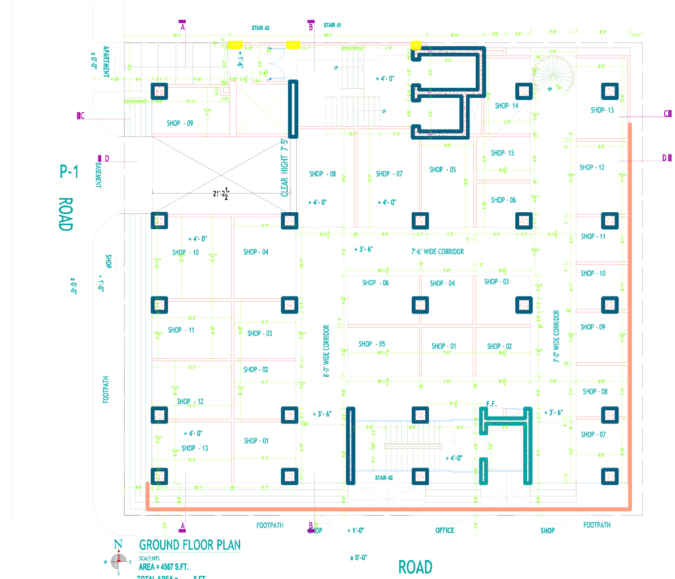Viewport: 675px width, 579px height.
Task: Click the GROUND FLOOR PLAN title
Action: pyautogui.click(x=190, y=545)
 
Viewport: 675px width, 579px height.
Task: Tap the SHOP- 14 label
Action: pyautogui.click(x=506, y=106)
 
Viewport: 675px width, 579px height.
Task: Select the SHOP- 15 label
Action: pyautogui.click(x=502, y=153)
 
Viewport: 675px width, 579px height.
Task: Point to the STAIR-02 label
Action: pyautogui.click(x=384, y=478)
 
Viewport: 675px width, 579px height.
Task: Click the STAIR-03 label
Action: pyautogui.click(x=260, y=28)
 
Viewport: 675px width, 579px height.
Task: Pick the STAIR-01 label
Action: pyautogui.click(x=332, y=25)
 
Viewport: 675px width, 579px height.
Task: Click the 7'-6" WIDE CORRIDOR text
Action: pyautogui.click(x=437, y=251)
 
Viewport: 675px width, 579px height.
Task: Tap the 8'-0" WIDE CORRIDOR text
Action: pyautogui.click(x=327, y=351)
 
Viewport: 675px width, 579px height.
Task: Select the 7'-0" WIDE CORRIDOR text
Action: pyautogui.click(x=556, y=336)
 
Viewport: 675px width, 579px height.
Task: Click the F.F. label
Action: pyautogui.click(x=491, y=404)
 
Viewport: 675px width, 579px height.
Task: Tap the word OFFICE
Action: pyautogui.click(x=445, y=530)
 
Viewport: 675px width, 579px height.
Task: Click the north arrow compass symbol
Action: pyautogui.click(x=118, y=560)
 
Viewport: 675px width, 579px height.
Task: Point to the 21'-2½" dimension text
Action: pyautogui.click(x=221, y=194)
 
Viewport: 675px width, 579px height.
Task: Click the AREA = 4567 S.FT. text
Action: pyautogui.click(x=164, y=567)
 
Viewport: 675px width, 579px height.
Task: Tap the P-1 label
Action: pyautogui.click(x=69, y=171)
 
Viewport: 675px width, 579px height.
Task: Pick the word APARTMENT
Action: pyautogui.click(x=106, y=62)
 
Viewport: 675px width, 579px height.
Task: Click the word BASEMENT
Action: pyautogui.click(x=99, y=175)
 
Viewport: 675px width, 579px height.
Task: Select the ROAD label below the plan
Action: pyautogui.click(x=415, y=567)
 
